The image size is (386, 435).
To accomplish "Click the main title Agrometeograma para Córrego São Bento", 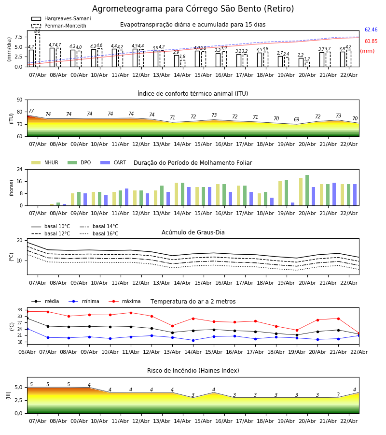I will [x=193, y=9].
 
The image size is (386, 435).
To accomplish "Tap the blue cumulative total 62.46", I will [x=371, y=30].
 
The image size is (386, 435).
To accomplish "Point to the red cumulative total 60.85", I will [x=371, y=42].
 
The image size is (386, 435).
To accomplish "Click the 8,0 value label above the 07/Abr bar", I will [x=37, y=31].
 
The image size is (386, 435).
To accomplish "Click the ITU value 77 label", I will [x=31, y=111].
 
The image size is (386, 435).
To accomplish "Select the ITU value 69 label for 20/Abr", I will [x=296, y=120].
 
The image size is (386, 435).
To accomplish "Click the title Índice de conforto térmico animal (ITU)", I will [x=193, y=94].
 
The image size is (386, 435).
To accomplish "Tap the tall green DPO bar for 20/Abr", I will [x=307, y=190].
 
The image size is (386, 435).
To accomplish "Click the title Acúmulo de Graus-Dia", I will [x=193, y=232].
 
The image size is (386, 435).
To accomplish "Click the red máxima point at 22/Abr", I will [x=358, y=333].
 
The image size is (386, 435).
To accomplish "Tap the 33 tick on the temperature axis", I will [x=20, y=310].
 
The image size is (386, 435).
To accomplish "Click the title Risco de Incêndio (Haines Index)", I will [x=193, y=371].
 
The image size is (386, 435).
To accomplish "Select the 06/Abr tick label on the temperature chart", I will [x=27, y=351].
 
